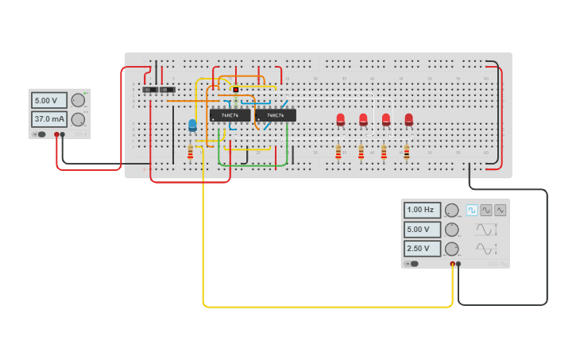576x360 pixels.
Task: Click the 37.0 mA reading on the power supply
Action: click(x=49, y=119)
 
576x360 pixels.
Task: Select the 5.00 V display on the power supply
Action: click(x=49, y=101)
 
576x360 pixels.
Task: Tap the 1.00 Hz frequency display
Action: click(x=422, y=211)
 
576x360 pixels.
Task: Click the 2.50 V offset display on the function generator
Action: click(x=422, y=249)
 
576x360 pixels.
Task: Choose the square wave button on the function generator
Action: click(x=472, y=211)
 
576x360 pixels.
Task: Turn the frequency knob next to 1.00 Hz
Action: click(x=452, y=211)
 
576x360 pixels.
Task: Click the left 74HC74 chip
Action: click(x=230, y=115)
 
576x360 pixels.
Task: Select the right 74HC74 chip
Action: click(x=275, y=115)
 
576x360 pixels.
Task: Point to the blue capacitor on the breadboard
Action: click(x=192, y=125)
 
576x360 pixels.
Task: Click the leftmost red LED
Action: click(x=340, y=119)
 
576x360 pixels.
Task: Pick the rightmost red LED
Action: click(x=408, y=119)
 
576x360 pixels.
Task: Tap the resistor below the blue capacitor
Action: click(x=190, y=152)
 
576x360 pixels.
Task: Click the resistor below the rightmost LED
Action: click(x=406, y=152)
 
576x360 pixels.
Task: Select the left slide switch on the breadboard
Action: click(x=149, y=90)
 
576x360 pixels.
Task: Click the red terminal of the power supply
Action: click(x=56, y=134)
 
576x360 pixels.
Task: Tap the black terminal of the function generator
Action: click(x=458, y=264)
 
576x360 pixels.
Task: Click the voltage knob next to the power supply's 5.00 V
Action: click(x=77, y=101)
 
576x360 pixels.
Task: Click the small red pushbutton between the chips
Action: click(x=236, y=90)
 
